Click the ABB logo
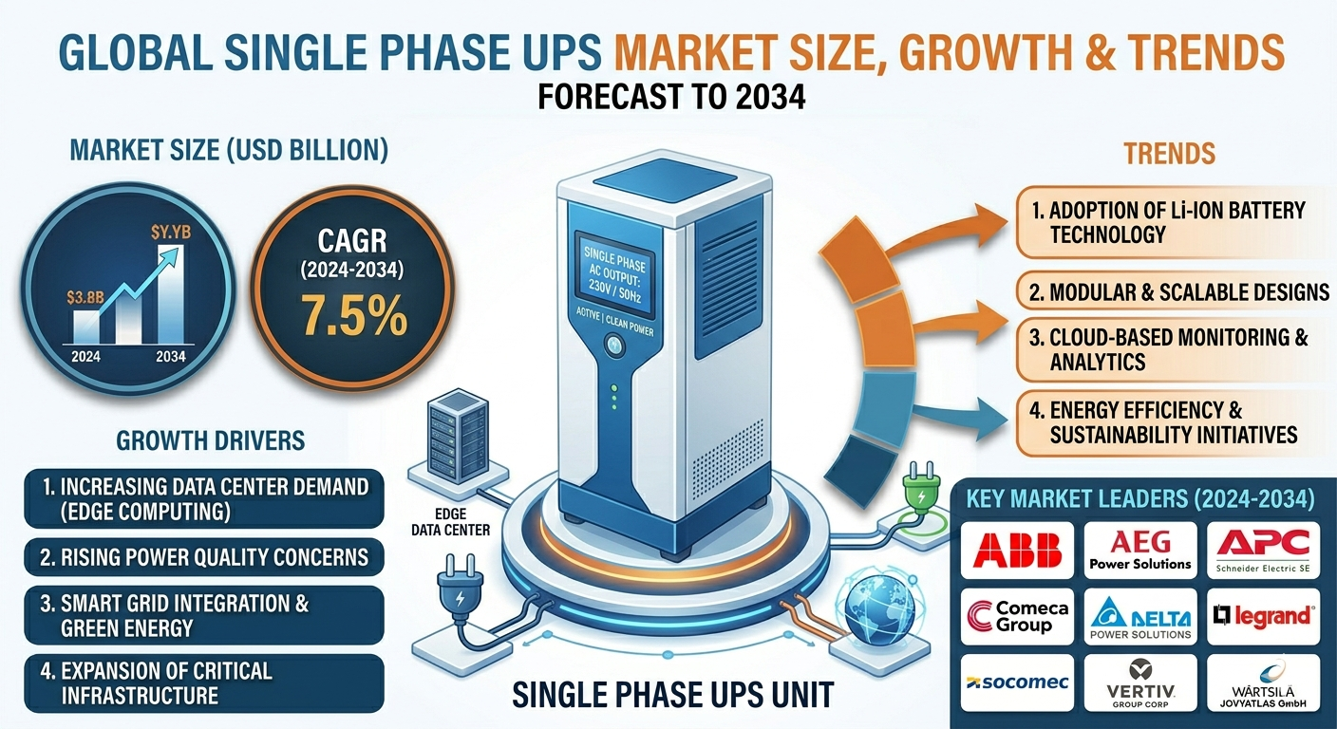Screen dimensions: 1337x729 coord(1017,550)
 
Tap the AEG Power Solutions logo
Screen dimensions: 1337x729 coord(1140,550)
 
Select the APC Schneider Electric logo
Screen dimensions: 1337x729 coord(1263,550)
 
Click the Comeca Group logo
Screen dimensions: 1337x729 coord(1017,616)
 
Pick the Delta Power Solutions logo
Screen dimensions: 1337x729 coord(1140,616)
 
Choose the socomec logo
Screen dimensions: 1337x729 coord(1017,682)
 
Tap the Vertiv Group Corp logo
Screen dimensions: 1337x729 coord(1140,682)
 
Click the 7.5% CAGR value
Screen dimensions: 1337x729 coord(353,316)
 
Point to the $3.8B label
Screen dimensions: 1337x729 coord(85,297)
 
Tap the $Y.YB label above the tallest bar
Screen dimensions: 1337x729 coord(171,232)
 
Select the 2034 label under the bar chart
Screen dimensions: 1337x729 coord(171,357)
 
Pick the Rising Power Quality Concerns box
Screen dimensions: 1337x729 coord(204,557)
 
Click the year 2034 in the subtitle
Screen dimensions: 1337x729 coord(770,97)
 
